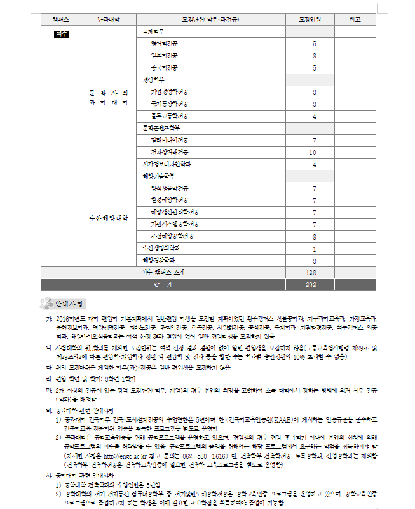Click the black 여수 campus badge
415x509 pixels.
(62, 32)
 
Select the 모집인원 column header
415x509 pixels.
(310, 20)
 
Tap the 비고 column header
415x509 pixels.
(355, 20)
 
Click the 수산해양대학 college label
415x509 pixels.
(109, 218)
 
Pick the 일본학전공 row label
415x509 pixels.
(164, 56)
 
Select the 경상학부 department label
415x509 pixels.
(153, 79)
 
